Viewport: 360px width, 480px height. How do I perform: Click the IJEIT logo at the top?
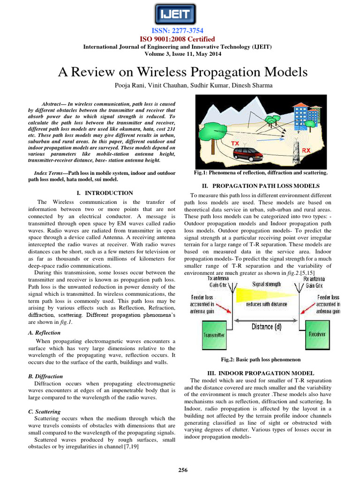pyautogui.click(x=180, y=14)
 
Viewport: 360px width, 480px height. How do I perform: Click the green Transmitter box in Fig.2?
pyautogui.click(x=214, y=335)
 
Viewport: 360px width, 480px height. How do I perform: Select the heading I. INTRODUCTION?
pyautogui.click(x=105, y=193)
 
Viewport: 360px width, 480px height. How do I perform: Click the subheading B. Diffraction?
pyautogui.click(x=45, y=376)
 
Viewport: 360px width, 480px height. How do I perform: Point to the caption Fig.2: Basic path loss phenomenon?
pyautogui.click(x=260, y=360)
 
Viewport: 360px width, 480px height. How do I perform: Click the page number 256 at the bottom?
pyautogui.click(x=180, y=470)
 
